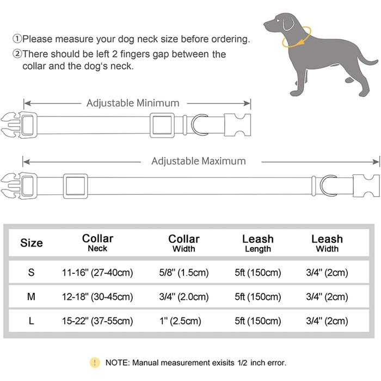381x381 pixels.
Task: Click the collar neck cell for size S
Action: tap(97, 273)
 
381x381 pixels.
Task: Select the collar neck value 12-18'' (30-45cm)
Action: tap(97, 297)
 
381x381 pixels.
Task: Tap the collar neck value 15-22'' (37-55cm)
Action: tap(97, 321)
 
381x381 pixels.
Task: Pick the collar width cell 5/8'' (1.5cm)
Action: tap(183, 273)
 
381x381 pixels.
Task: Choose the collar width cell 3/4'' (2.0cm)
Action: tap(183, 297)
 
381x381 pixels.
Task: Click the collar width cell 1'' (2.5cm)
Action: tap(183, 321)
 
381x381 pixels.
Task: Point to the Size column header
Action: tap(31, 243)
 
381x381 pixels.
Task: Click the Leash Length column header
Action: tap(257, 243)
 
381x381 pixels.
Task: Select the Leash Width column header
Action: tap(327, 243)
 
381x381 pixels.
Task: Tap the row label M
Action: tap(31, 297)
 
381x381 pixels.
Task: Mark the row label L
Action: tap(31, 321)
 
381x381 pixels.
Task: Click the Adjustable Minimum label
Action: tap(132, 103)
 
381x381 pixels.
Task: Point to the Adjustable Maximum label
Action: tap(198, 161)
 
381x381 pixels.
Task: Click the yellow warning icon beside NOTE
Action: tap(96, 362)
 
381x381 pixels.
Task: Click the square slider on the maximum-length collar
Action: tap(75, 186)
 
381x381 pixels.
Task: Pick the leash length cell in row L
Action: tap(257, 321)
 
